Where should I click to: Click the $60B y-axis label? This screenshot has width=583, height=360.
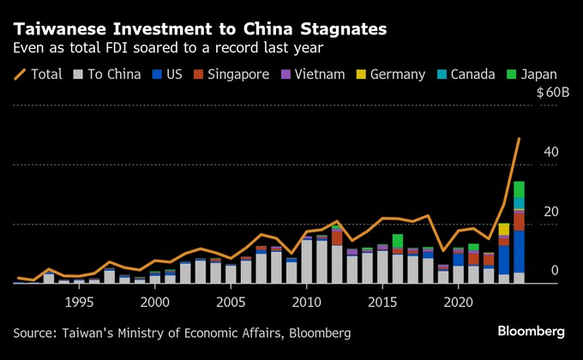[x=553, y=93]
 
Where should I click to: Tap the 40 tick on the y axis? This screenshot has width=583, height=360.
[x=551, y=152]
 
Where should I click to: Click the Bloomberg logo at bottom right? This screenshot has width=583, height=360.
[x=531, y=331]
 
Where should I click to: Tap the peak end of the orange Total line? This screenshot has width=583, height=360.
[x=519, y=139]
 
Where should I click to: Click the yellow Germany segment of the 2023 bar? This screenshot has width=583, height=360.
[x=503, y=229]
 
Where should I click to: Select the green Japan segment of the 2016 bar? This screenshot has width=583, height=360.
[x=397, y=241]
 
